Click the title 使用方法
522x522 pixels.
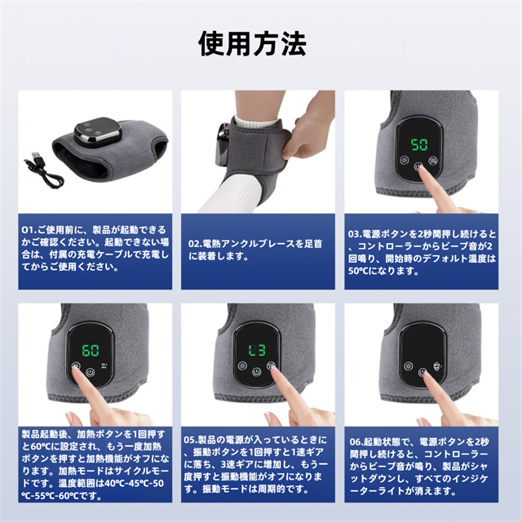252,43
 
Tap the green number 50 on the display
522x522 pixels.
419,144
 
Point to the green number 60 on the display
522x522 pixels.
91,350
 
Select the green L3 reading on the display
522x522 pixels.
257,350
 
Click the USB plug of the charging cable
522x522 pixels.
36,156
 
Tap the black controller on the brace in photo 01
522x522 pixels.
97,131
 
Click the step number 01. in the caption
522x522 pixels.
29,230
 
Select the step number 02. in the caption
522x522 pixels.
195,244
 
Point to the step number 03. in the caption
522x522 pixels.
355,234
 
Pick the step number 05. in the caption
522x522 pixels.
191,440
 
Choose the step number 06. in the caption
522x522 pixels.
356,442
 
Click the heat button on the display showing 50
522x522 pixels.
405,160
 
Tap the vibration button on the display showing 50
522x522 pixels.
433,161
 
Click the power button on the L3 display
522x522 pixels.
256,372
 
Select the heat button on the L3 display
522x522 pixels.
242,366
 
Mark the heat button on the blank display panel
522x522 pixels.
408,366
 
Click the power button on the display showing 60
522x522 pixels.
91,372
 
